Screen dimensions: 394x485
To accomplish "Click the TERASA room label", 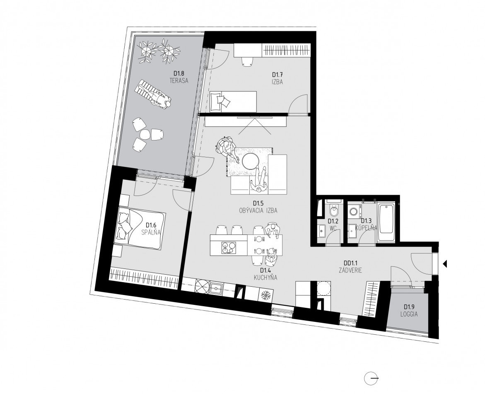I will click(x=179, y=81).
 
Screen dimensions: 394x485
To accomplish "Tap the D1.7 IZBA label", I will click(x=277, y=81).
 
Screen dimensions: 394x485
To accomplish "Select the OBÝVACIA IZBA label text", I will click(x=258, y=210).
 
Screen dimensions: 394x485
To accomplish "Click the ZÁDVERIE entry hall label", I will click(x=350, y=269).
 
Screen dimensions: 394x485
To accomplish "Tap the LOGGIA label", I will click(x=409, y=314).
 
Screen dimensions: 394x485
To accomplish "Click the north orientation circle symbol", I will click(x=371, y=378).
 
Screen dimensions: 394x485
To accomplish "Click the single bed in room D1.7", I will click(x=233, y=101).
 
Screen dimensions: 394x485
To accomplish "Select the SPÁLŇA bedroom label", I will click(x=150, y=232).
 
